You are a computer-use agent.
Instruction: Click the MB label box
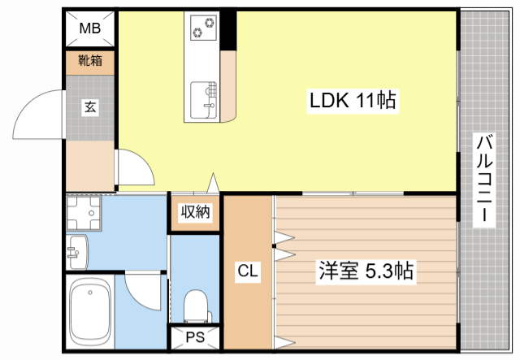point(89,29)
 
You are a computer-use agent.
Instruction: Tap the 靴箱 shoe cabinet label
point(89,61)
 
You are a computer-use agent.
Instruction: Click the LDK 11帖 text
point(351,100)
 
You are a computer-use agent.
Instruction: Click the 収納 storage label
point(195,212)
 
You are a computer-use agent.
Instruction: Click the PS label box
point(195,337)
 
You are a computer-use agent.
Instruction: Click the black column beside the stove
point(231,28)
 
